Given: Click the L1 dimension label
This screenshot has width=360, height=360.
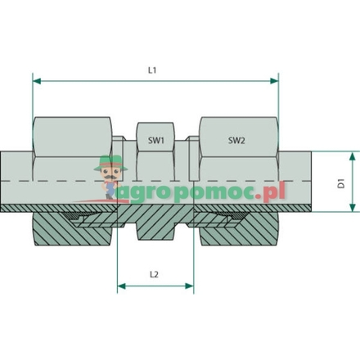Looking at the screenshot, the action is (152, 70).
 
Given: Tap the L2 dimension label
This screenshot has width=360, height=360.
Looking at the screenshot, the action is (154, 274).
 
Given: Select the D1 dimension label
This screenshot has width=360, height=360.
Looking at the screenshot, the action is (341, 183).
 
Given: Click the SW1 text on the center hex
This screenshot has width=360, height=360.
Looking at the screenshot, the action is (156, 141).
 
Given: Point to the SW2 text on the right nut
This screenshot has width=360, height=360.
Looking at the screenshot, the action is (236, 141).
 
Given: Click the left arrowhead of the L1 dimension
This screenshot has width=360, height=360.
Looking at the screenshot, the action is (37, 81).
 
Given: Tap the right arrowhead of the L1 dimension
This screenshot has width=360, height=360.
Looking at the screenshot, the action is (274, 81).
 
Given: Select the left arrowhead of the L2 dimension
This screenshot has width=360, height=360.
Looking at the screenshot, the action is (122, 286).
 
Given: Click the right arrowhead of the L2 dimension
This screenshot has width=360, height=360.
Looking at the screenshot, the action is (189, 286).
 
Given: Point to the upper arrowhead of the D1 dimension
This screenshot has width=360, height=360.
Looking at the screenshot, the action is (353, 156).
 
